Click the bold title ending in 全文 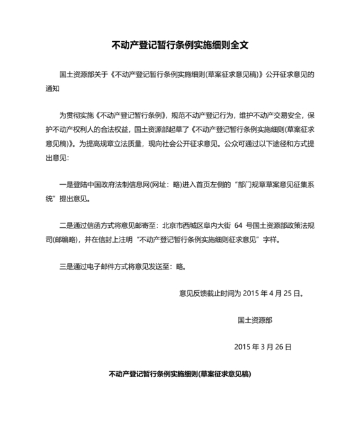180,46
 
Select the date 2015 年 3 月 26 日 263,346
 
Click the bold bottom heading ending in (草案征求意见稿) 180,373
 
